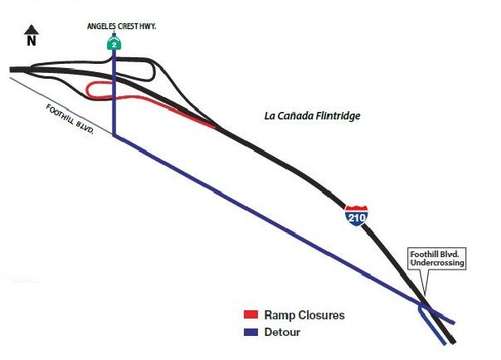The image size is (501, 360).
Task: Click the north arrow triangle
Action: [31, 29]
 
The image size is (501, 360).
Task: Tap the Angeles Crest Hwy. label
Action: [122, 27]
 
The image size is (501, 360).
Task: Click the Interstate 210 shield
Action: [357, 215]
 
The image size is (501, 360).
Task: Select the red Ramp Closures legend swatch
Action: [252, 315]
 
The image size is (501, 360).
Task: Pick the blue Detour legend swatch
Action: [252, 332]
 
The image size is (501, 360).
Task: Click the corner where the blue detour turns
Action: [114, 138]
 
